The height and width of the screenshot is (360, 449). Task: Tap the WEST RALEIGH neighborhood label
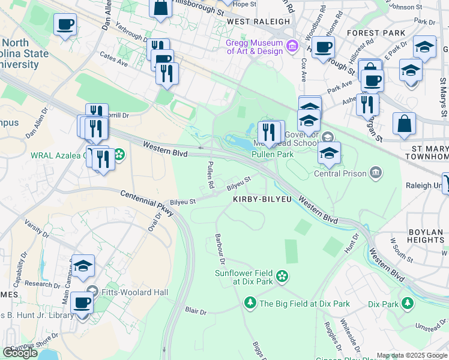(258, 21)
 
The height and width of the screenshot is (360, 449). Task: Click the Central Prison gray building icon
(376, 173)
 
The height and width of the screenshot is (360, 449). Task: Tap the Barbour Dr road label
(220, 250)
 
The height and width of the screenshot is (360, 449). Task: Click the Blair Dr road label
(196, 311)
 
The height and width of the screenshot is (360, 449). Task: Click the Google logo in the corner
(20, 352)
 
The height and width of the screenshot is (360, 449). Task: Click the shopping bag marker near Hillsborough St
(160, 9)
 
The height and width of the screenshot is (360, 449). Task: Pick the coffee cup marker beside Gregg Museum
(323, 47)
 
